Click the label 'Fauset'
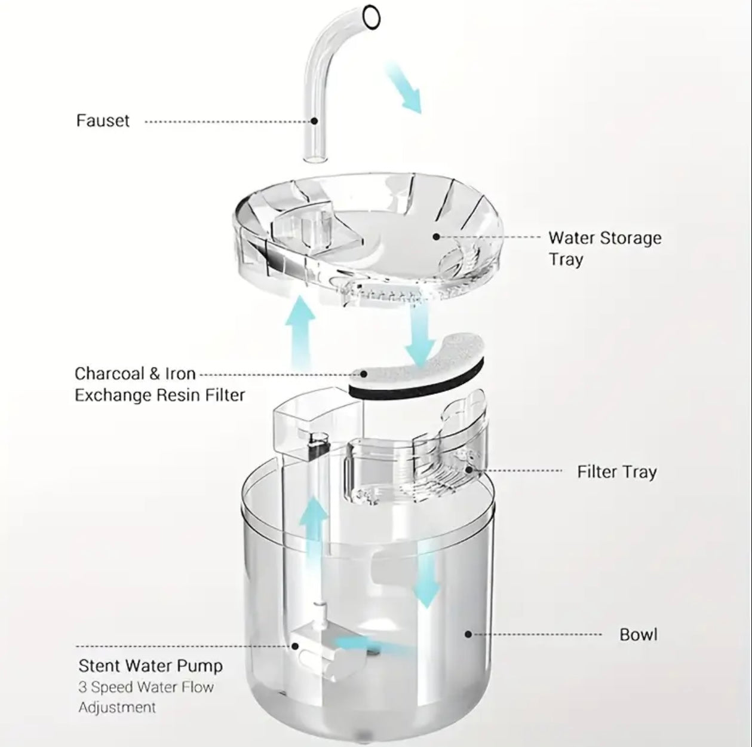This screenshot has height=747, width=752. pos(103,121)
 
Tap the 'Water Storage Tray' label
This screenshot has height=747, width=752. pos(604,248)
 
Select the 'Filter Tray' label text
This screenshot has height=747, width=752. pos(616,472)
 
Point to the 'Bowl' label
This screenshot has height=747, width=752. pos(638,634)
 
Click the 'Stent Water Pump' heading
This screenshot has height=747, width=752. pos(151,666)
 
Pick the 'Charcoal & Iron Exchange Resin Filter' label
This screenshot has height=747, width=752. pos(159,384)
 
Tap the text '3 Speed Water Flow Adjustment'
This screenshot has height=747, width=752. pos(146,697)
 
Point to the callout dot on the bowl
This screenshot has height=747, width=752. pos(468,634)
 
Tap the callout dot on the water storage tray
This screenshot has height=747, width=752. pos(436,237)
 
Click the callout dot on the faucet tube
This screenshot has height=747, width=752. pos(315,121)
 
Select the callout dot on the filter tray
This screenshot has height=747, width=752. pos(469,470)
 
